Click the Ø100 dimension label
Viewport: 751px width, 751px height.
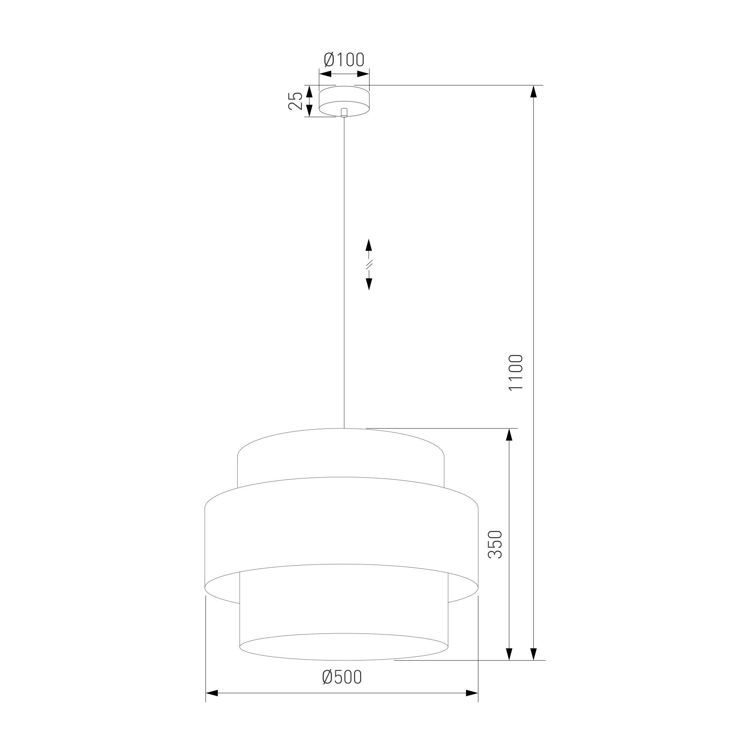click(x=344, y=59)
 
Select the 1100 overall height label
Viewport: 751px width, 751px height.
click(x=517, y=372)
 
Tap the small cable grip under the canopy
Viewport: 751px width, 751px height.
click(x=344, y=113)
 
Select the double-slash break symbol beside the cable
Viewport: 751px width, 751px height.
click(x=369, y=264)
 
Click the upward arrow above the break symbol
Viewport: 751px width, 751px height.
click(x=369, y=245)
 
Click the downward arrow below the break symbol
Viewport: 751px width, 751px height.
click(x=369, y=284)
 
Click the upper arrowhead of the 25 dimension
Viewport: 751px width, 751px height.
click(x=309, y=91)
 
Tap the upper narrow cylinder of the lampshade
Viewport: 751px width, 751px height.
click(x=340, y=455)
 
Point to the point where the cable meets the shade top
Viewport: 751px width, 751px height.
click(x=344, y=428)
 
